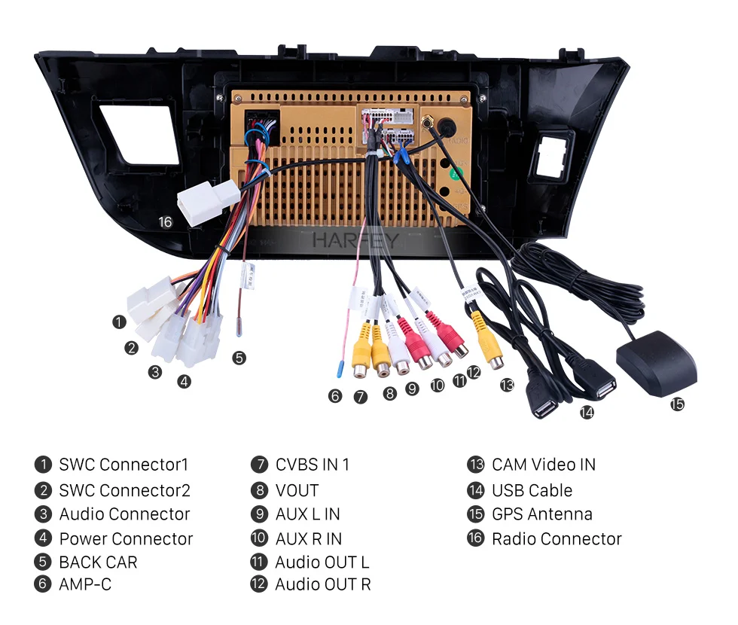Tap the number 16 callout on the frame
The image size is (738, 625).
[166, 221]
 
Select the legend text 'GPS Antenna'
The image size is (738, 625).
[541, 514]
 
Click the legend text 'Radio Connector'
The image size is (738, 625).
[557, 539]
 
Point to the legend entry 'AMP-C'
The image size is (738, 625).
[85, 584]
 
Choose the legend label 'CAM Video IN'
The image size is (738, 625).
[543, 465]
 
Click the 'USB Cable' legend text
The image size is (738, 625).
[532, 490]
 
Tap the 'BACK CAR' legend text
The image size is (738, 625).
[98, 562]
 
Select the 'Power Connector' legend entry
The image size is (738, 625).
[126, 539]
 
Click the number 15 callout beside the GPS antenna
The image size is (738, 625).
[677, 404]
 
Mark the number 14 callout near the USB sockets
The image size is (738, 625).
[587, 412]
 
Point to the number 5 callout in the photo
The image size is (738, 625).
[239, 358]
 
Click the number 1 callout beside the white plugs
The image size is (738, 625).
[119, 322]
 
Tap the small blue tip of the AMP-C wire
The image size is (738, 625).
[340, 370]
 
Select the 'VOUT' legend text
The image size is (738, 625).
[297, 490]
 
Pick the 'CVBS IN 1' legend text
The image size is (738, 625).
[312, 465]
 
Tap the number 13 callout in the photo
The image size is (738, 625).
[507, 385]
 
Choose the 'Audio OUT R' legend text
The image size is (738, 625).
[322, 584]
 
